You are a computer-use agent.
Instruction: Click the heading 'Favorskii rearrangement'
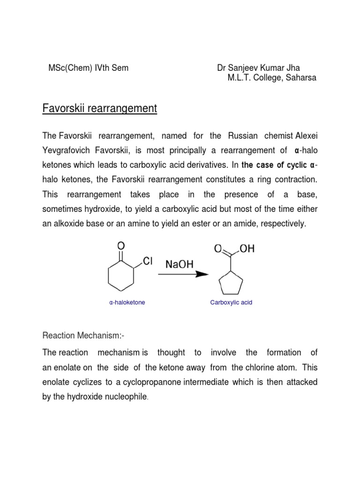click(100, 109)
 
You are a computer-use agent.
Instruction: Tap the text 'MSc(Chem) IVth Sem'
click(89, 68)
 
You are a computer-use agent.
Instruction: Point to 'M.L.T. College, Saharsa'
click(272, 78)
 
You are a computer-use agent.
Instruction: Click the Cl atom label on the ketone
click(148, 262)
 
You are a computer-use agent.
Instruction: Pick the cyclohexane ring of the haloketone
click(121, 281)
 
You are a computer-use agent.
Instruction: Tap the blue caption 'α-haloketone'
click(127, 302)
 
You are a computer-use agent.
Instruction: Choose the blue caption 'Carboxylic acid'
click(231, 302)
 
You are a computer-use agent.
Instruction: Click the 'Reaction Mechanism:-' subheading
click(83, 336)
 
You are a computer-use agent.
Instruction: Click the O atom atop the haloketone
click(121, 245)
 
